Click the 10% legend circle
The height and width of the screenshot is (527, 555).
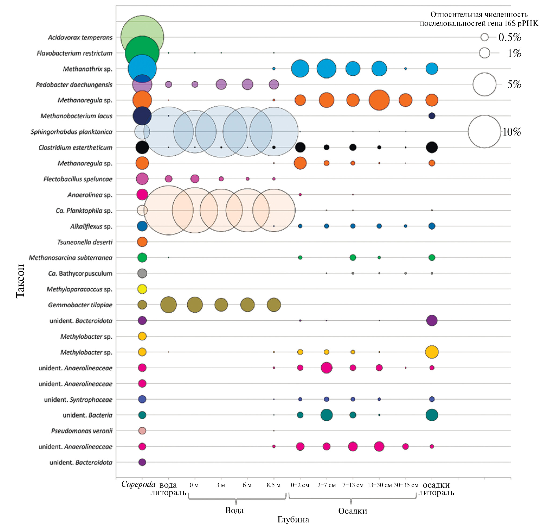tap(484, 131)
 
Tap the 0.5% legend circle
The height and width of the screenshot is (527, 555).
tap(484, 37)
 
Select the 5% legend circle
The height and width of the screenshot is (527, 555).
tap(484, 84)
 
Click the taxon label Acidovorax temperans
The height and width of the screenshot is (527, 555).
tap(80, 37)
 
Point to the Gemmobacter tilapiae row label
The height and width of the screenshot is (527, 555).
tap(80, 305)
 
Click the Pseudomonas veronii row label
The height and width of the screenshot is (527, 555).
tap(82, 431)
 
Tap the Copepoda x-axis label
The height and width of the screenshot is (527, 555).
tap(138, 484)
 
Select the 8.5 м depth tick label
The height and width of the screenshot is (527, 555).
tap(274, 485)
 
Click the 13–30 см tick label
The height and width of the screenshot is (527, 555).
tap(379, 485)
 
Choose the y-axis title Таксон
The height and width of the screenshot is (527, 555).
tap(20, 281)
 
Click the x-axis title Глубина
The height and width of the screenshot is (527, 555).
tap(293, 520)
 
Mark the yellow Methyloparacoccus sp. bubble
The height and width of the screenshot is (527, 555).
tap(142, 289)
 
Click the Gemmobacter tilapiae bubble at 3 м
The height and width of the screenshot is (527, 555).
tap(221, 305)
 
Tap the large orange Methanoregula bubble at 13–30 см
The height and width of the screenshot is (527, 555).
tap(379, 100)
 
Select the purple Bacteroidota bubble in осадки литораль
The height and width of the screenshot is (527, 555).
tap(432, 321)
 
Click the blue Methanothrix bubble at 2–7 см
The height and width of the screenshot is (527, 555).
tap(326, 69)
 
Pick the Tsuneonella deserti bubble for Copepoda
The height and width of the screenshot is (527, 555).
tap(142, 242)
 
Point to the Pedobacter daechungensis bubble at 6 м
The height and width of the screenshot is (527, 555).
tap(248, 84)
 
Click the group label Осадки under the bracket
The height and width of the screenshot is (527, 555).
tap(353, 511)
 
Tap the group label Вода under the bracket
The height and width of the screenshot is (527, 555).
tap(235, 510)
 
